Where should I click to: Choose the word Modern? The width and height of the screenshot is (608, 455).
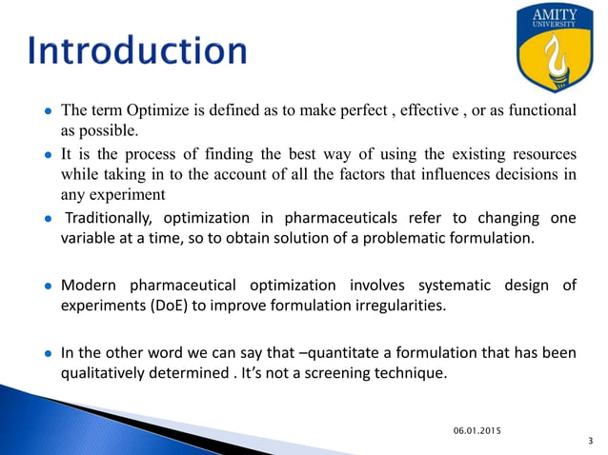(89, 285)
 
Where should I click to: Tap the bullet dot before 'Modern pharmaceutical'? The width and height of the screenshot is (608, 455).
(47, 286)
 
